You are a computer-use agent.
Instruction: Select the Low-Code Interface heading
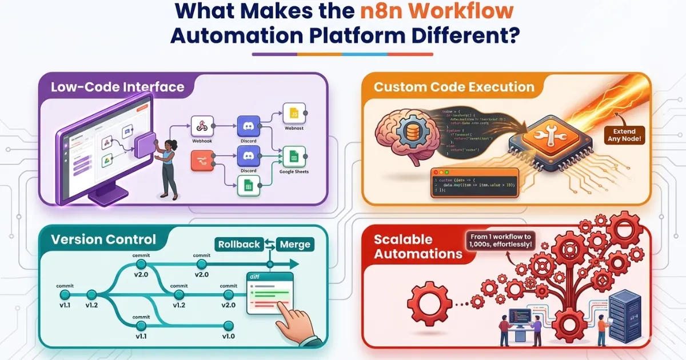pyautogui.click(x=117, y=87)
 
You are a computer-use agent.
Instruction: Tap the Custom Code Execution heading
pyautogui.click(x=454, y=87)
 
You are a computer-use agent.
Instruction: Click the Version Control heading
pyautogui.click(x=103, y=239)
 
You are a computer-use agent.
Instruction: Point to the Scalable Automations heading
pyautogui.click(x=417, y=246)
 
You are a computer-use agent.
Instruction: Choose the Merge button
pyautogui.click(x=295, y=245)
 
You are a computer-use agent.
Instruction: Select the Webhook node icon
pyautogui.click(x=201, y=125)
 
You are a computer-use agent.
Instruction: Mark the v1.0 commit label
pyautogui.click(x=229, y=336)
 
